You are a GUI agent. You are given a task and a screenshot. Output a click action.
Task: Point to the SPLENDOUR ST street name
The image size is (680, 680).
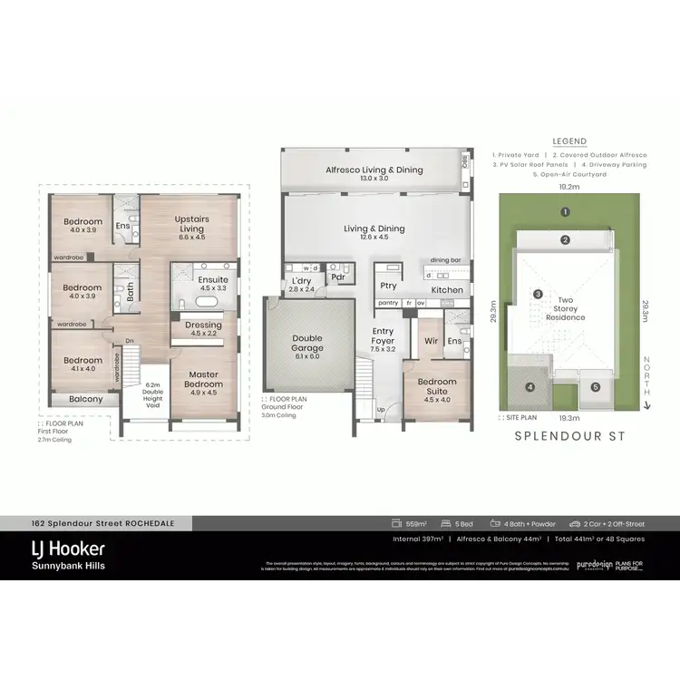[x=569, y=435]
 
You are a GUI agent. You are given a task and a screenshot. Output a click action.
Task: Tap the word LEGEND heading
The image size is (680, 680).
[x=568, y=141]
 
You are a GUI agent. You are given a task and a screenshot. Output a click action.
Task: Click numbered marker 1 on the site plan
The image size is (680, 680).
[x=565, y=213]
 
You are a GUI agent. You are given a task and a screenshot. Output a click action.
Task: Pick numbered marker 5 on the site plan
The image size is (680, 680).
[x=595, y=387]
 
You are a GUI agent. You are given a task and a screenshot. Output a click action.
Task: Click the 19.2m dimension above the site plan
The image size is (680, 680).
[x=568, y=186]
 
